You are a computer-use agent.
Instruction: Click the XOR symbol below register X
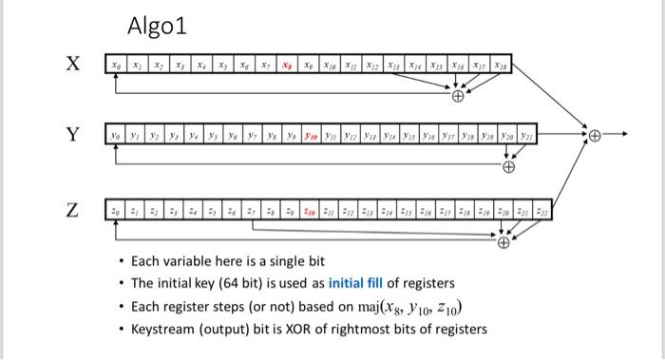[459, 96]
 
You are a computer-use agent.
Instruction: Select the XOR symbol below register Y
[509, 168]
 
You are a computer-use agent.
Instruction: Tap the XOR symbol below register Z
[504, 242]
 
